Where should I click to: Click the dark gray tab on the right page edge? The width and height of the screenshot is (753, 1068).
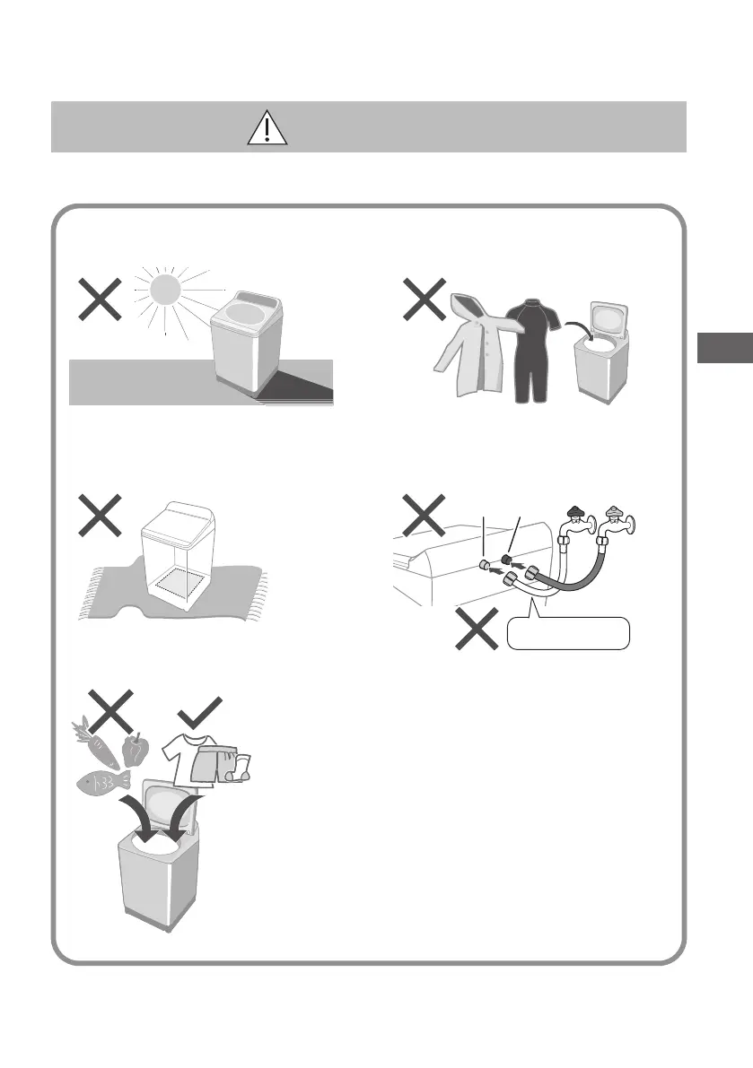723,347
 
